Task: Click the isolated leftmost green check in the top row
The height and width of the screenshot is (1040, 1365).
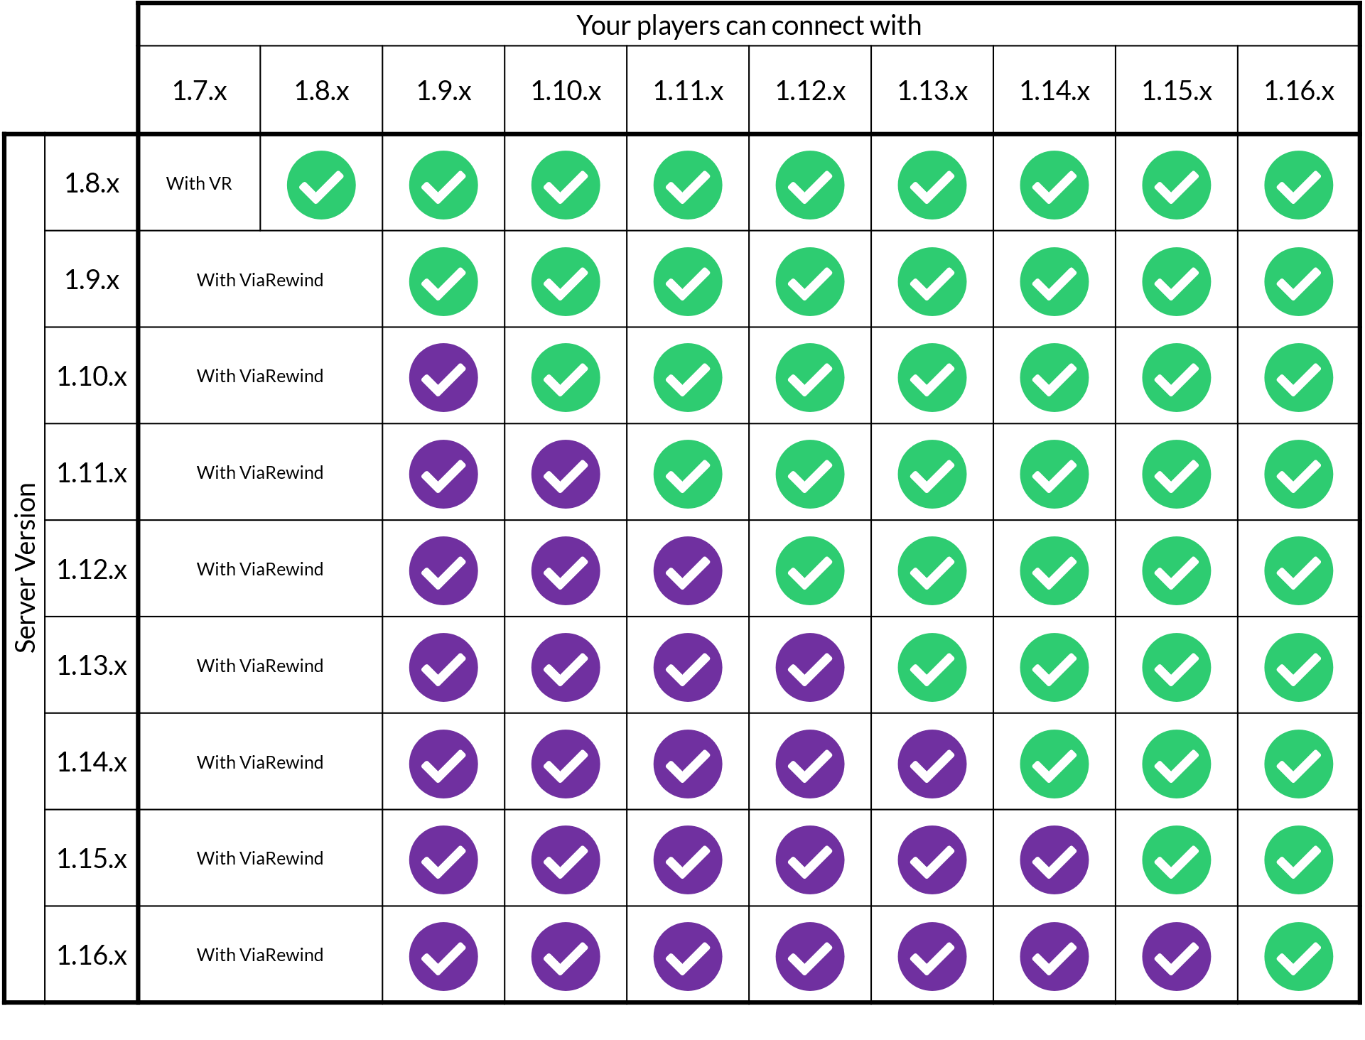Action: [x=321, y=185]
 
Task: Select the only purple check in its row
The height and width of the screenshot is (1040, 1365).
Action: [x=443, y=378]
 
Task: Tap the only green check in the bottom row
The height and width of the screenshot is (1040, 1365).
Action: [x=1298, y=956]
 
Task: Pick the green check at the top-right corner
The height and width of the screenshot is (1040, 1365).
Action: [x=1298, y=185]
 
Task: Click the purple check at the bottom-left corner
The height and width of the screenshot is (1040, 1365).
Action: [x=443, y=956]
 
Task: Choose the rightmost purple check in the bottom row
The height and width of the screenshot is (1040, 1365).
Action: [x=1176, y=956]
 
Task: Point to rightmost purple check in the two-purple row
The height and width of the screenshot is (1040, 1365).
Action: [x=566, y=475]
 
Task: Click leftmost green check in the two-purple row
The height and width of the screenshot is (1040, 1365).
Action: [x=688, y=475]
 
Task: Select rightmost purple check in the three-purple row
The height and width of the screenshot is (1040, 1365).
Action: [x=688, y=571]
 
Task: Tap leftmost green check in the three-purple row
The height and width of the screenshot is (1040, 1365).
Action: [x=810, y=571]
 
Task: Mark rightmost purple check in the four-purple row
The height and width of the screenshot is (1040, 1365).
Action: [x=810, y=668]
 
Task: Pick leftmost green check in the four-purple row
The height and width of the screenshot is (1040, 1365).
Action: [x=932, y=668]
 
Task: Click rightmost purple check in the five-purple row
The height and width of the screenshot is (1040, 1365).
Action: [x=932, y=764]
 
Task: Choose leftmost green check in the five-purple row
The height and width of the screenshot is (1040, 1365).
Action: [x=1054, y=764]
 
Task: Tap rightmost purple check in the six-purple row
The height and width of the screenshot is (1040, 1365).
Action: [x=1054, y=860]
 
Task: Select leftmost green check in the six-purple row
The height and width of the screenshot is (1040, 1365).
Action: [x=1176, y=860]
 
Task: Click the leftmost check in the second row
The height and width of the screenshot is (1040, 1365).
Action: [x=443, y=282]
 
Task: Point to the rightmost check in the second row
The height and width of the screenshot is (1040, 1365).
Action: [x=1298, y=282]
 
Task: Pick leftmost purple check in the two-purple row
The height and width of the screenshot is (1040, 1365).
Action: [x=443, y=475]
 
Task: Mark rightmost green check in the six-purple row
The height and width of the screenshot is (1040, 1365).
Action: [x=1298, y=860]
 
